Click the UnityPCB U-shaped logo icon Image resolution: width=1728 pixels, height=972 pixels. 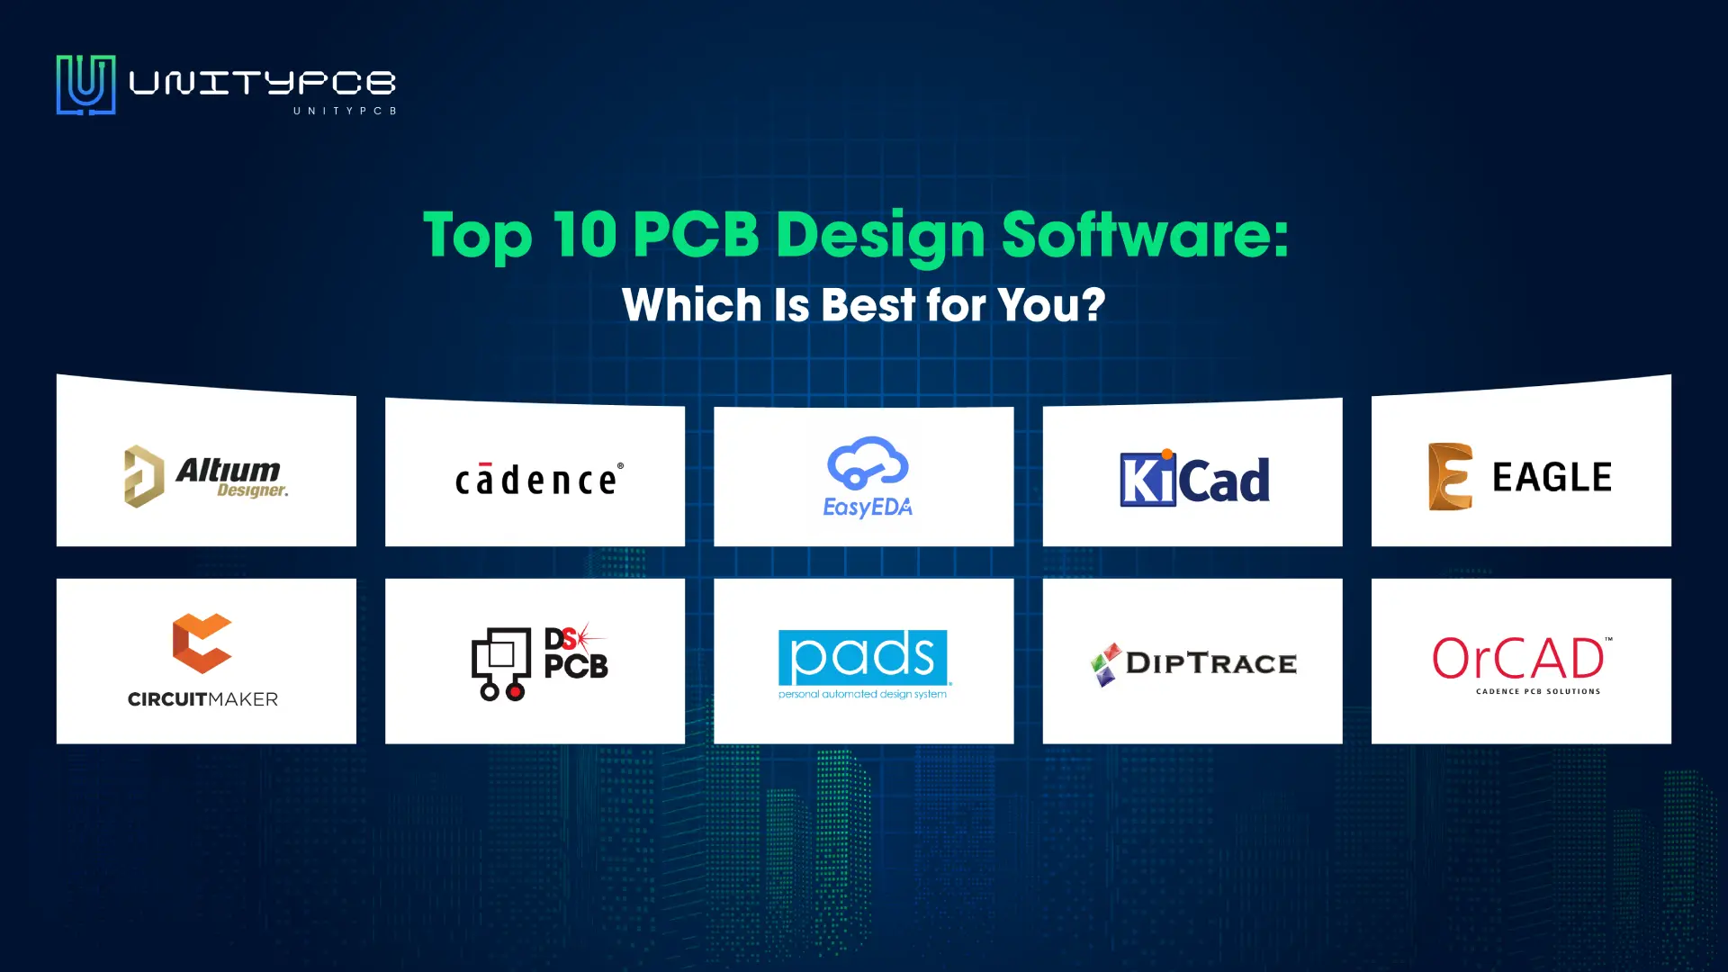point(85,85)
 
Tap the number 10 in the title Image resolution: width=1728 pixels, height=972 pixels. point(584,235)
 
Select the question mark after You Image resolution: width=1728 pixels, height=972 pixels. point(1093,304)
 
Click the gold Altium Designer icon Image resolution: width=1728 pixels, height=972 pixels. point(144,476)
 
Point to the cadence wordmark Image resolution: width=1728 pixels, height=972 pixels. point(539,479)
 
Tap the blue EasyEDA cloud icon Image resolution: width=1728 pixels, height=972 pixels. point(868,463)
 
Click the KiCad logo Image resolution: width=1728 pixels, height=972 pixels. point(1194,478)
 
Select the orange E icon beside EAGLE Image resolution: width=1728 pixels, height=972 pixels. point(1450,477)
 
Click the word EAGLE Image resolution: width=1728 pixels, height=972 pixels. point(1552,477)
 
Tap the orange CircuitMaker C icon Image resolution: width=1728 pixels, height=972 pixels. point(202,643)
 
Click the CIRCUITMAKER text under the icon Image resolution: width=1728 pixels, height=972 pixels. point(202,699)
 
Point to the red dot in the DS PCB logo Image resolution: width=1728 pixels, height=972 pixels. point(515,692)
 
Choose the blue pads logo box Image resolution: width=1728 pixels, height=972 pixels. point(863,657)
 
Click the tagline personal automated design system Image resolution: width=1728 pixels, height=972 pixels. point(862,694)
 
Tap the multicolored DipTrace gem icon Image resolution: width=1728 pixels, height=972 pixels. point(1106,664)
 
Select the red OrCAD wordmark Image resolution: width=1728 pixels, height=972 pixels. point(1518,659)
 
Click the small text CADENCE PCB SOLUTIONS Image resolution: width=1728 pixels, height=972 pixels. point(1538,691)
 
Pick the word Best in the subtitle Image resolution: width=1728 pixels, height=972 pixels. point(868,305)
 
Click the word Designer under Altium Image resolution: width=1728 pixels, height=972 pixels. point(253,490)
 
